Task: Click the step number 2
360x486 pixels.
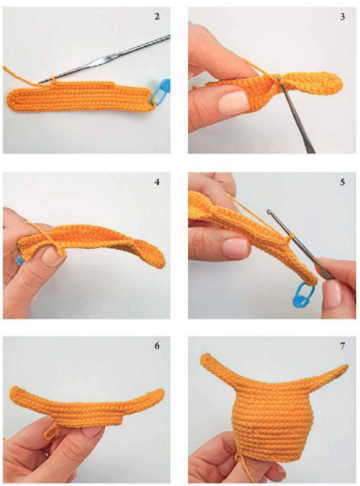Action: coord(157,16)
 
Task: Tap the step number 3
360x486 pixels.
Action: coord(342,16)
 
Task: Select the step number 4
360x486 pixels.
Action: coord(157,181)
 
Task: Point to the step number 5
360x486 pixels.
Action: coord(342,181)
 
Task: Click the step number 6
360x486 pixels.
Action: coord(157,346)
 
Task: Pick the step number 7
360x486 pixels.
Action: coord(342,346)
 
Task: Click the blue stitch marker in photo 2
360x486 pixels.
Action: coord(161,91)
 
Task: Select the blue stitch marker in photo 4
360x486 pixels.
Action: coord(20,260)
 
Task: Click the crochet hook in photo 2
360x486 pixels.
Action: coord(105,59)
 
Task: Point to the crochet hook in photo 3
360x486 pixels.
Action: coord(294,115)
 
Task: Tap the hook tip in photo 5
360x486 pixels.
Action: coord(268,212)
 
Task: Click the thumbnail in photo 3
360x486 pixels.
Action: coord(232,102)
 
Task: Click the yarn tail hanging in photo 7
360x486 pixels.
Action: coord(246,469)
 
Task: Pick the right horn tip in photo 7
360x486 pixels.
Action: coord(345,367)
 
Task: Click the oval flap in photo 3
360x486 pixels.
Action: coord(313,83)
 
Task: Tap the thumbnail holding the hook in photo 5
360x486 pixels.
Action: coord(332,293)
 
